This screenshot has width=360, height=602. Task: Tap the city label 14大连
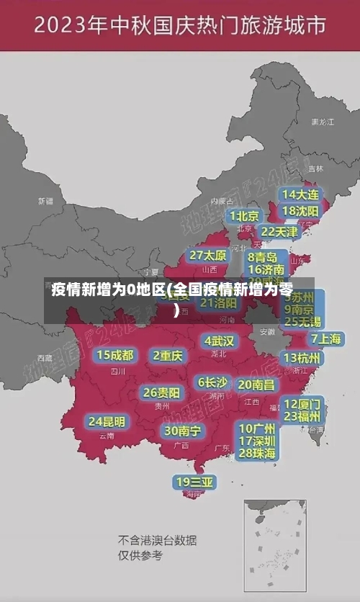click(x=300, y=194)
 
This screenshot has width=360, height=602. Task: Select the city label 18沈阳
click(x=300, y=211)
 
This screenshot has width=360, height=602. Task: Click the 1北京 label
click(x=245, y=216)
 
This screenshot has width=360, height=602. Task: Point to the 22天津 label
click(x=279, y=232)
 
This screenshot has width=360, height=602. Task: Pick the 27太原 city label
click(x=208, y=256)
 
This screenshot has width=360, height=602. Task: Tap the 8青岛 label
click(x=263, y=257)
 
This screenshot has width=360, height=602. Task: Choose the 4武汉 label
click(x=219, y=341)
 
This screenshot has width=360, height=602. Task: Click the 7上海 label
click(x=326, y=338)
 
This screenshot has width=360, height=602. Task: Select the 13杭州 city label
click(x=302, y=358)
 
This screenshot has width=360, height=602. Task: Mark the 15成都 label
click(x=115, y=355)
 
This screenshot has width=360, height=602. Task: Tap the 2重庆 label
click(x=168, y=355)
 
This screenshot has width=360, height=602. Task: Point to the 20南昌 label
click(x=256, y=385)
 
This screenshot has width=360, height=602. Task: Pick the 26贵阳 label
click(x=161, y=392)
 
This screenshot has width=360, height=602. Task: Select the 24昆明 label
click(x=107, y=421)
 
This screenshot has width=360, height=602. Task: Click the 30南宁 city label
click(x=183, y=431)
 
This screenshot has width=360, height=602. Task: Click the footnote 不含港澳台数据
click(x=158, y=540)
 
